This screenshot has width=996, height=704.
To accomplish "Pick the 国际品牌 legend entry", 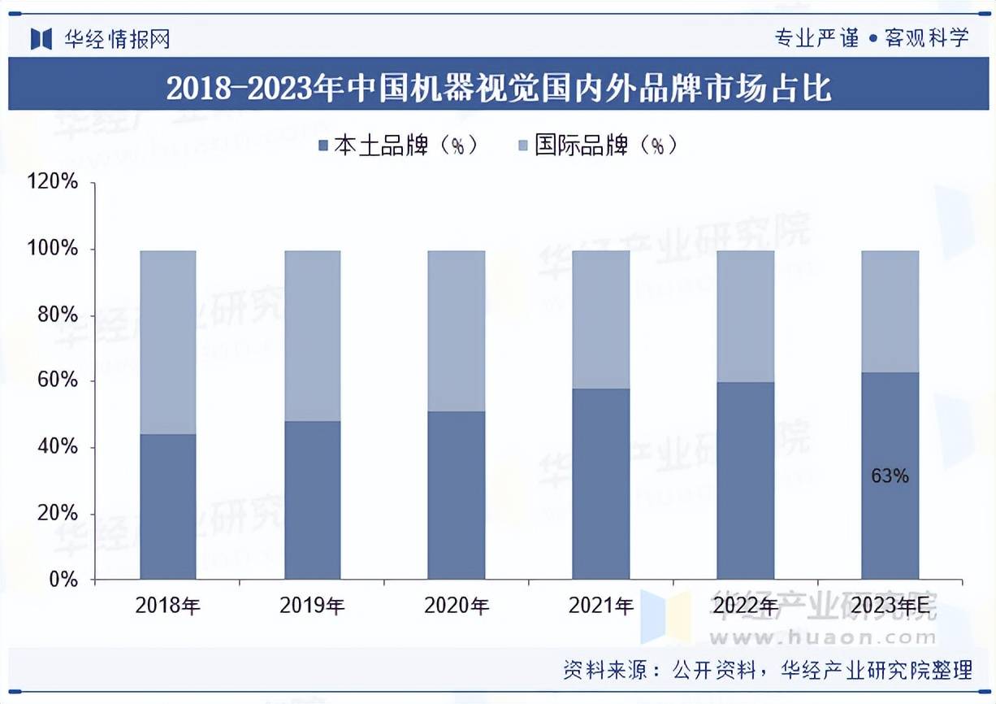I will [596, 146].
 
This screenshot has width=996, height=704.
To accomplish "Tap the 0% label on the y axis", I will [63, 580].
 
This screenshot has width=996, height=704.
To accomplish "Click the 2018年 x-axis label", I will [168, 606].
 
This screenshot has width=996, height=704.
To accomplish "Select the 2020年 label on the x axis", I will [457, 606].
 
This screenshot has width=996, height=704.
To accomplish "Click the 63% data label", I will [890, 476].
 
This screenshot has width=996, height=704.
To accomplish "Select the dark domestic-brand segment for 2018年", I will [168, 506].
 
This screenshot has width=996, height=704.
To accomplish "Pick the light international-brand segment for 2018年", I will [168, 342].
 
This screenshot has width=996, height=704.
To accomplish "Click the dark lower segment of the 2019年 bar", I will [313, 500].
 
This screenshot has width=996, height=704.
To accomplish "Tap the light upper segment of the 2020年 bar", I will [457, 331].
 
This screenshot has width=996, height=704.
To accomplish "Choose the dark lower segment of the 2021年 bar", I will [601, 484].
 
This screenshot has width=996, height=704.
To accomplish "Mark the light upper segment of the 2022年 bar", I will [746, 316].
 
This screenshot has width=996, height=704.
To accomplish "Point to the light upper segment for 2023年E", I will [890, 311].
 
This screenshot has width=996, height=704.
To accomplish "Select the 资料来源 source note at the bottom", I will [768, 670].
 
